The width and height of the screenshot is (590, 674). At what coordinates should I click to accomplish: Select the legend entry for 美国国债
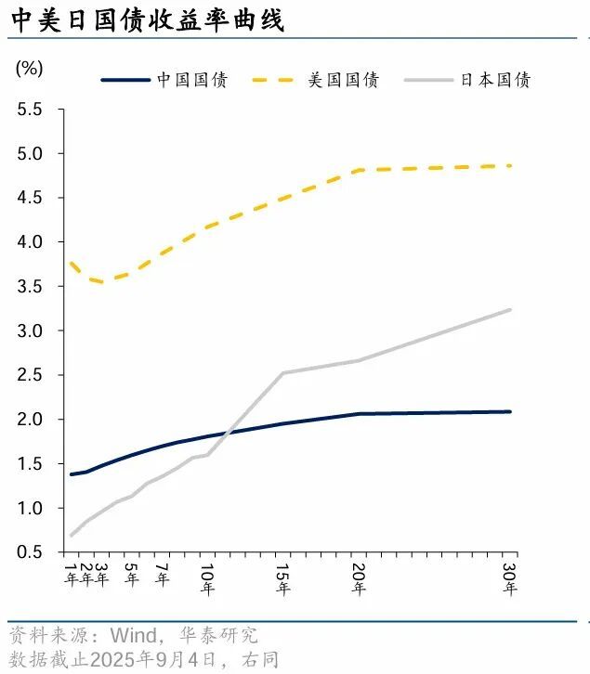coord(343,80)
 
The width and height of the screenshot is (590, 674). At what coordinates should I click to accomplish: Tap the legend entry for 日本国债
coord(495,80)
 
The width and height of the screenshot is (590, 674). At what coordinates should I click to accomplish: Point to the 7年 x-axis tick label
coord(162,574)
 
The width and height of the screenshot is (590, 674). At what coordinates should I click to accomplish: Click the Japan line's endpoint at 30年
coord(509,310)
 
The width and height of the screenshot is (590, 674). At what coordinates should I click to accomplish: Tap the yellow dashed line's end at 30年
coord(509,166)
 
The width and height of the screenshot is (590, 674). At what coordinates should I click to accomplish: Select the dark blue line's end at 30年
coord(509,411)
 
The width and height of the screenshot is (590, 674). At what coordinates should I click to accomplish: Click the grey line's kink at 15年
coord(282,373)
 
